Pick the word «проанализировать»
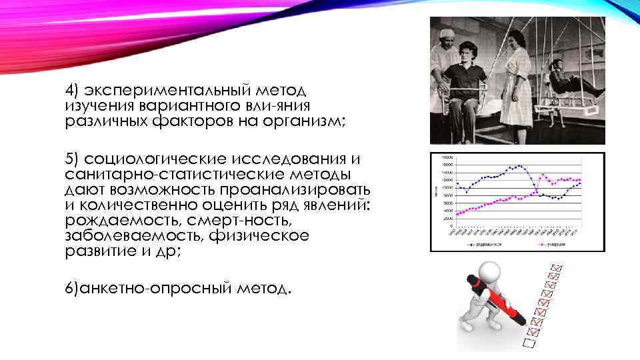pyautogui.click(x=299, y=189)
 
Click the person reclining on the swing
pyautogui.click(x=567, y=79)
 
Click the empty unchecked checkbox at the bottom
pyautogui.click(x=529, y=344)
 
